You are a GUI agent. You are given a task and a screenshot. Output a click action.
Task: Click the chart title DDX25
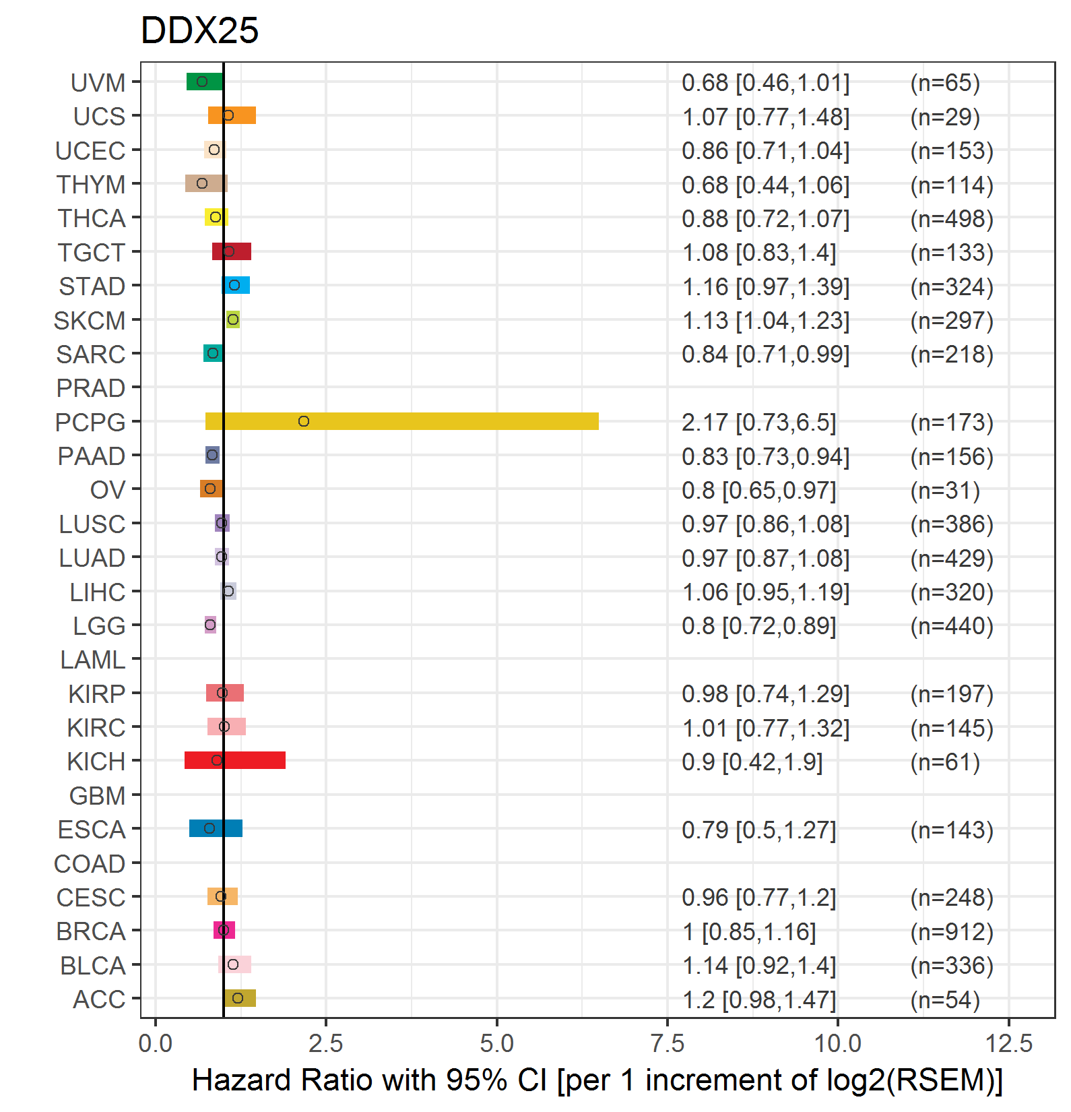click(199, 30)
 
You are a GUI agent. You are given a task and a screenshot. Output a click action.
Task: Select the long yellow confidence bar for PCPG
click(402, 421)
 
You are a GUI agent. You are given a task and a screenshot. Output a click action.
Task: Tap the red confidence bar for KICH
click(235, 760)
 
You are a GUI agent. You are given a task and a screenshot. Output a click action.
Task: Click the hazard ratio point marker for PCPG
click(304, 421)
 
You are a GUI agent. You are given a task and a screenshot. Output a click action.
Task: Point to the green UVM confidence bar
click(205, 82)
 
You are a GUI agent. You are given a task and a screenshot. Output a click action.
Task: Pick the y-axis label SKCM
click(90, 321)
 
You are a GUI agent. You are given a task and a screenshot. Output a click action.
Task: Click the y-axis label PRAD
click(91, 388)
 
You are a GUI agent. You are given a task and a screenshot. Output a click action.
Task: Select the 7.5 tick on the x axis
click(668, 1043)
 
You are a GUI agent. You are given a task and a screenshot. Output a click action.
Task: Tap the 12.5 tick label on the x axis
click(1009, 1043)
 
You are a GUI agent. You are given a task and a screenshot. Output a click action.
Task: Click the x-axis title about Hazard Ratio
click(597, 1080)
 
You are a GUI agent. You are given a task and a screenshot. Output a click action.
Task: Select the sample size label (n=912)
click(952, 931)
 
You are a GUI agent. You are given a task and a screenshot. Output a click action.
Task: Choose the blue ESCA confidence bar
click(216, 828)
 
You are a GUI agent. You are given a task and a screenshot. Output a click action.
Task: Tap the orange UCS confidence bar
click(232, 115)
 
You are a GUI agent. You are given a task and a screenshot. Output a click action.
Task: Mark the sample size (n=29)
click(945, 117)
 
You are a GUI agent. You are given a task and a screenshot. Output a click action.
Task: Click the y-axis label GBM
click(98, 796)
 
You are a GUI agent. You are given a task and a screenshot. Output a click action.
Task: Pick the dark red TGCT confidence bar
click(232, 251)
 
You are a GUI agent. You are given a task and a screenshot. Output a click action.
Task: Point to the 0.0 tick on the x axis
click(156, 1043)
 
